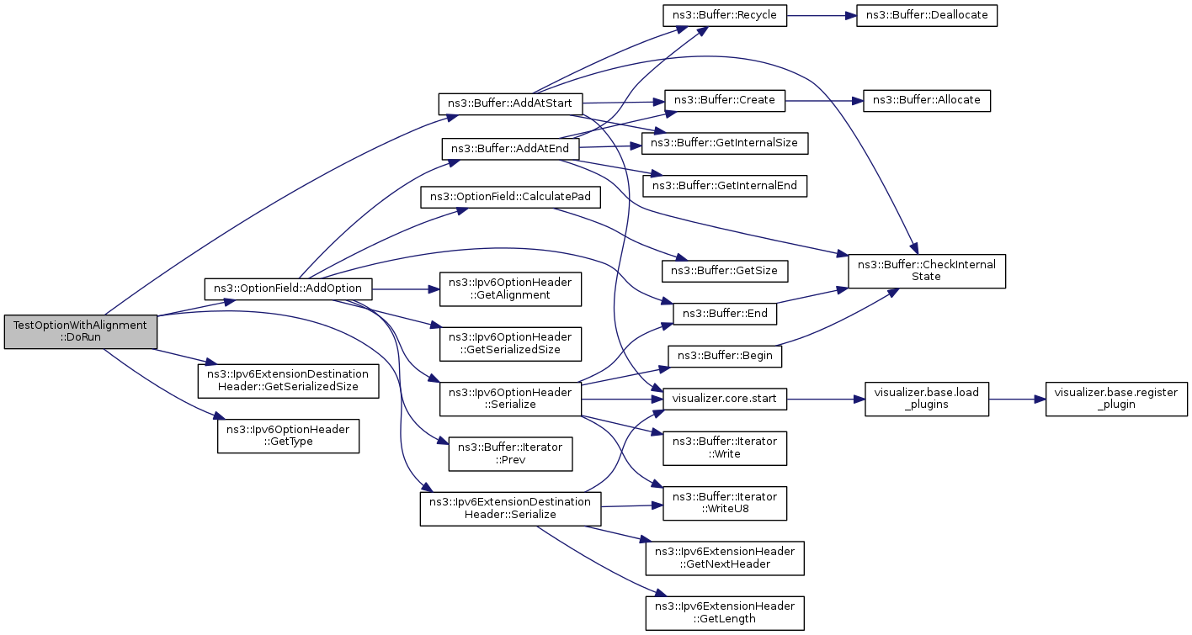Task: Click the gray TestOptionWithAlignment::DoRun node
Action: [80, 332]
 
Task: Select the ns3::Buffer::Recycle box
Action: [724, 15]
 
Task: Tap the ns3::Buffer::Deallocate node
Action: [927, 15]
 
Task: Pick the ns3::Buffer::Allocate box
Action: [927, 101]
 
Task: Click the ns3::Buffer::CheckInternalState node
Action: [927, 271]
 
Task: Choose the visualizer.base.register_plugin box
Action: [1116, 399]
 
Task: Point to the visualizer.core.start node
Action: [724, 399]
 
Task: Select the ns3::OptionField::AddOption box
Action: [288, 288]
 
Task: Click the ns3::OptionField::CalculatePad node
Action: [510, 198]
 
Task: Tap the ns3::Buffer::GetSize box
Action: [724, 271]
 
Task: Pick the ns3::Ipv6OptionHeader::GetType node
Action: [288, 437]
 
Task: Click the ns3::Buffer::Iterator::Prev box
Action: [510, 453]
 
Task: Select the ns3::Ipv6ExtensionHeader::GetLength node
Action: [724, 613]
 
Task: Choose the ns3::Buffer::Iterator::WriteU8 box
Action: [724, 503]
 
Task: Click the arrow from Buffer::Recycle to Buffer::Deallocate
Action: [821, 15]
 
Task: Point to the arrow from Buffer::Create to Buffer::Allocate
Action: [824, 101]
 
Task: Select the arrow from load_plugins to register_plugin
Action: [1017, 399]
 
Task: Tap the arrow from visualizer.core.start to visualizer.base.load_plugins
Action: [825, 399]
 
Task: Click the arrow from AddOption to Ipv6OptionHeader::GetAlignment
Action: [406, 289]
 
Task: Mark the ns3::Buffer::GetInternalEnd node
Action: [724, 186]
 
